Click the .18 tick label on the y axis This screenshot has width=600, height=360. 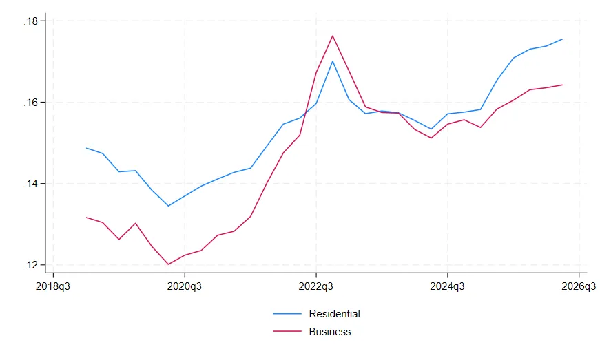click(31, 21)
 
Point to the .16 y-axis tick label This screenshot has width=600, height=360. click(31, 103)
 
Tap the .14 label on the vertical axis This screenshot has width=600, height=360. click(31, 184)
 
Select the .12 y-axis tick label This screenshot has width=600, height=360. click(31, 265)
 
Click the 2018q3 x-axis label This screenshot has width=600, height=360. click(53, 286)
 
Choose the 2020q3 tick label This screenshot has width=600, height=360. click(185, 286)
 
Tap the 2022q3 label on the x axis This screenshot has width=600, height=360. click(315, 286)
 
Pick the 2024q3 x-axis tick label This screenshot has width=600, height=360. click(447, 286)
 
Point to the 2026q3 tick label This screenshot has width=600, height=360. click(579, 286)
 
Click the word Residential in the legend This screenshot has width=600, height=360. click(334, 314)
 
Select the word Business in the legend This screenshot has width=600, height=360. click(330, 332)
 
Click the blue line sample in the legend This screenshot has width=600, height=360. click(287, 314)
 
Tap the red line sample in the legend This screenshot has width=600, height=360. click(287, 331)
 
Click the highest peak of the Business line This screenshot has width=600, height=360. click(333, 36)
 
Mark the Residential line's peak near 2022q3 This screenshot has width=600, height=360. click(333, 61)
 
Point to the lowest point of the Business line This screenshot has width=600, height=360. click(168, 264)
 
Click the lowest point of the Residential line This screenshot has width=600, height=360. click(168, 206)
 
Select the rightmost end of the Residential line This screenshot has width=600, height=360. click(562, 39)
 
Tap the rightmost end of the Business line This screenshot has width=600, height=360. click(562, 85)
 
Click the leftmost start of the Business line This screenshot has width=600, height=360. click(87, 218)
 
